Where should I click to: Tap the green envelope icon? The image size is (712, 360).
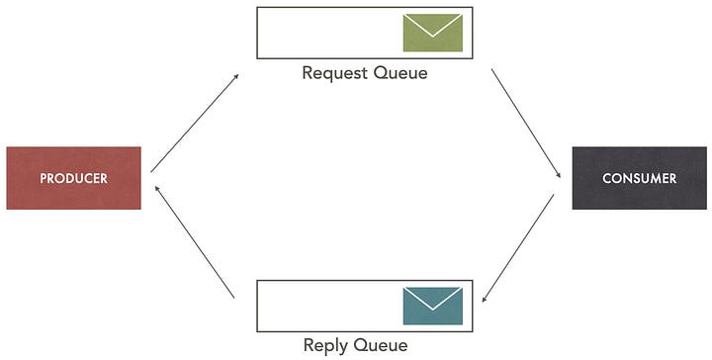pos(433,33)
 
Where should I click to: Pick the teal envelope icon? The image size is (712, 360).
pos(433,306)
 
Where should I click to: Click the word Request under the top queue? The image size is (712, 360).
pos(334,72)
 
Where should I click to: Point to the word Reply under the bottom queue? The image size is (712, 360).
pos(328,345)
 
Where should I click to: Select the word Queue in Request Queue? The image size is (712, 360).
pos(400,72)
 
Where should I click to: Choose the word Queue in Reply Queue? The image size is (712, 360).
pos(381,345)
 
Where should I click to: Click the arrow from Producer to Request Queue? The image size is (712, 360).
pos(195,122)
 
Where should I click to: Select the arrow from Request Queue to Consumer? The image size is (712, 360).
pos(526,124)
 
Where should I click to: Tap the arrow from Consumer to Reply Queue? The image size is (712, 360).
pos(517,248)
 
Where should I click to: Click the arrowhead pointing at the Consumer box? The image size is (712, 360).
pos(558,174)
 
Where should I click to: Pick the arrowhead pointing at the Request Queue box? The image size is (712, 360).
pos(235,75)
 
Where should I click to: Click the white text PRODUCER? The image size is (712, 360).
pos(73,178)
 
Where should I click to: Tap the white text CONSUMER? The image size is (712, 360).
pos(639,178)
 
